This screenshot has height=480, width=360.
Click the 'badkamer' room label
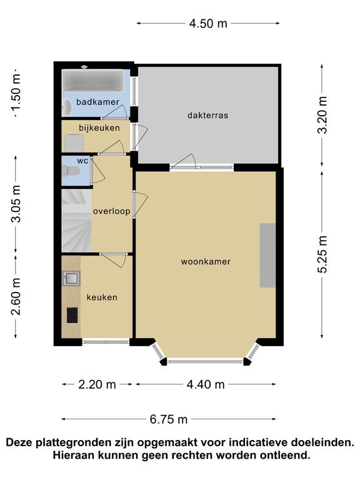click(x=97, y=102)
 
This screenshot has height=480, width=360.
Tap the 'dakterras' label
click(x=208, y=116)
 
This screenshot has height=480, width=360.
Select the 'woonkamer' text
click(x=206, y=262)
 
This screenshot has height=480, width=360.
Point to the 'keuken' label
click(x=102, y=297)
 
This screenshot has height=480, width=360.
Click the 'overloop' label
click(x=112, y=211)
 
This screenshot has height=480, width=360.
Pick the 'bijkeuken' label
click(x=99, y=127)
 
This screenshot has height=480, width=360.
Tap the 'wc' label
click(x=82, y=161)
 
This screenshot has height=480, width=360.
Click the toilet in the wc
click(x=71, y=171)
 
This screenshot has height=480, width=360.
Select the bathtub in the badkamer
click(x=93, y=81)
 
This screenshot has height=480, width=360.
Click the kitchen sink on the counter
click(x=72, y=278)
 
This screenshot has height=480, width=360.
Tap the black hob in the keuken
click(x=72, y=315)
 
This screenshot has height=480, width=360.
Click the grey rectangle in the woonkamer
click(x=267, y=255)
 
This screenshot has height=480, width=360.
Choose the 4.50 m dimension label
click(x=208, y=23)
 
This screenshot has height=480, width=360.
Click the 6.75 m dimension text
click(x=169, y=419)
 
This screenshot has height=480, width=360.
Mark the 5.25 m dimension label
click(x=322, y=254)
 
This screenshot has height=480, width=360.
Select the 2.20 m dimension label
click(x=97, y=384)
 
